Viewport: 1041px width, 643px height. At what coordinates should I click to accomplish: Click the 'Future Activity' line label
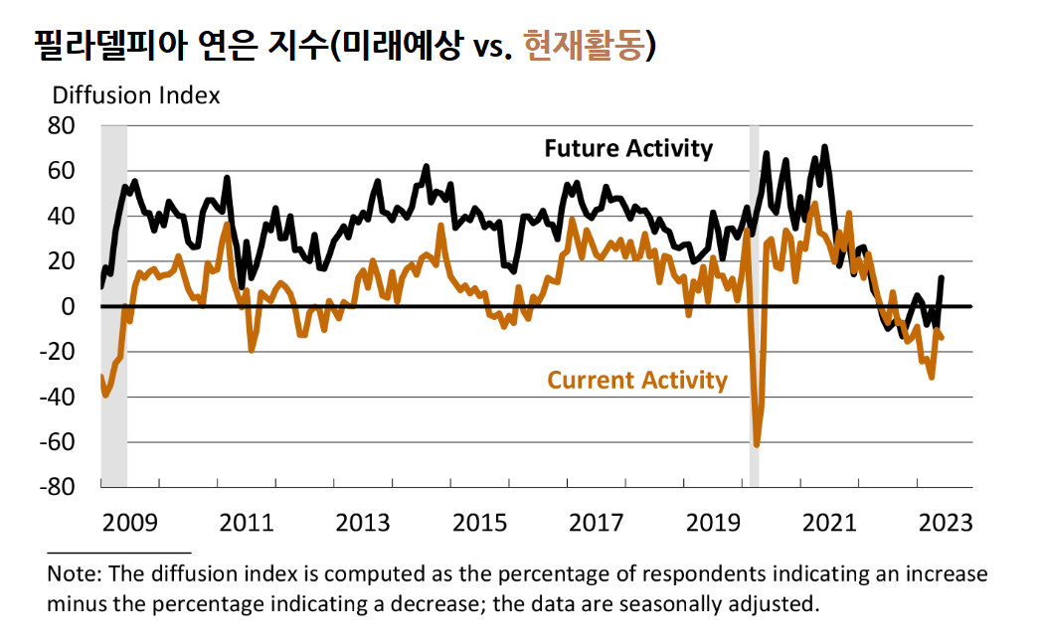point(628,149)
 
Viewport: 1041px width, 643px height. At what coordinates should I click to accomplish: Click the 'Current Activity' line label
point(637,380)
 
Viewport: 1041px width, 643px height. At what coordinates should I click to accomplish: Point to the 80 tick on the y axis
point(62,126)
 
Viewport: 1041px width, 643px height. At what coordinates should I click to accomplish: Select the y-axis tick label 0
point(69,306)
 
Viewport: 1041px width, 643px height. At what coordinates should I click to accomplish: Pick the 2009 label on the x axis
point(130,522)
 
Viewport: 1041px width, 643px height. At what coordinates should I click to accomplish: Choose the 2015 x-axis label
point(479,522)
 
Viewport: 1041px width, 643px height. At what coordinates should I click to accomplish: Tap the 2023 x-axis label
point(945,522)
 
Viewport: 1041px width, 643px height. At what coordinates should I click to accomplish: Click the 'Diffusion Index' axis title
point(135,95)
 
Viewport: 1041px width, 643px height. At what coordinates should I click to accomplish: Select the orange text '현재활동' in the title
point(582,45)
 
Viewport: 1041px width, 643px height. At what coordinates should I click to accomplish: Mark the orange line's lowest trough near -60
point(757,444)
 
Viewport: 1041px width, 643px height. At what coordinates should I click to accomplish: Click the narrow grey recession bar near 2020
point(754,298)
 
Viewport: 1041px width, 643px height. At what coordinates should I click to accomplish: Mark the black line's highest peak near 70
point(824,148)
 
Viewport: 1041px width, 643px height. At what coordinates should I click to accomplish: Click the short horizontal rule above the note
point(118,551)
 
